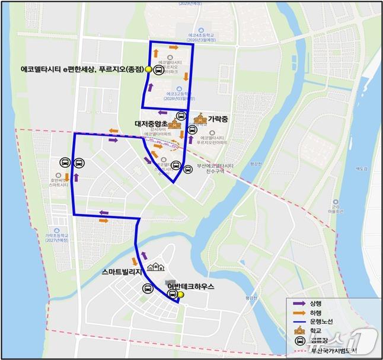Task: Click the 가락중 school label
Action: click(x=218, y=119)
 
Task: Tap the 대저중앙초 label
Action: click(x=151, y=124)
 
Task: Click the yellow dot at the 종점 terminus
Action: click(x=148, y=70)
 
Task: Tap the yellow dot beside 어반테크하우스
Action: click(x=181, y=295)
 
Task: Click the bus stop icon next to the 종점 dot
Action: click(x=159, y=70)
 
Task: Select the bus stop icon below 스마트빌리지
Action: click(x=147, y=288)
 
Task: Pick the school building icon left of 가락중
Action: click(x=199, y=119)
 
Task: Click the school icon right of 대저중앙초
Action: click(x=174, y=125)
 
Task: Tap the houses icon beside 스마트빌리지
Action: click(x=155, y=269)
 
